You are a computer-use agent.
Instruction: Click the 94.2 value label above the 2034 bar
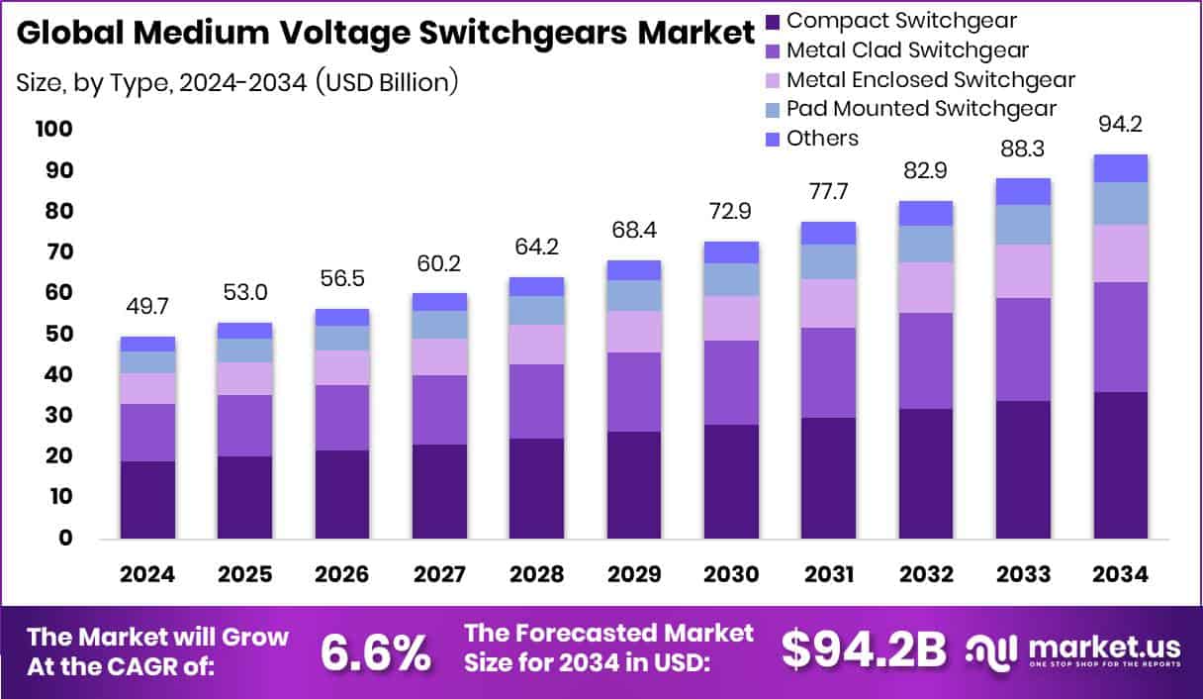(1120, 125)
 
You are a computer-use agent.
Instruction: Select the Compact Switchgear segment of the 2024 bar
(147, 499)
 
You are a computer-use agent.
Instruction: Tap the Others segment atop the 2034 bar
(1120, 168)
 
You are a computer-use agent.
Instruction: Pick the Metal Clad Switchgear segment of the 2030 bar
(731, 382)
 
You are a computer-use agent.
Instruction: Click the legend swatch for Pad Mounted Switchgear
(774, 109)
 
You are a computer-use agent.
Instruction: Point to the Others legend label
(822, 139)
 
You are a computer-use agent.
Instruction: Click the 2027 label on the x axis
(439, 575)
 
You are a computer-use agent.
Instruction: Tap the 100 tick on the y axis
(52, 130)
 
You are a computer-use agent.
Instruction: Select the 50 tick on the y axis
(57, 334)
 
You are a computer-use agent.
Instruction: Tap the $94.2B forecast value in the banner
(864, 649)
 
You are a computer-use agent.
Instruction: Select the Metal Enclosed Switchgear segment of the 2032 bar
(926, 287)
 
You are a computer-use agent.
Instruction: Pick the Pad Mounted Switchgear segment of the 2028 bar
(536, 310)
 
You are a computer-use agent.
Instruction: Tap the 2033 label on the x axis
(1023, 575)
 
